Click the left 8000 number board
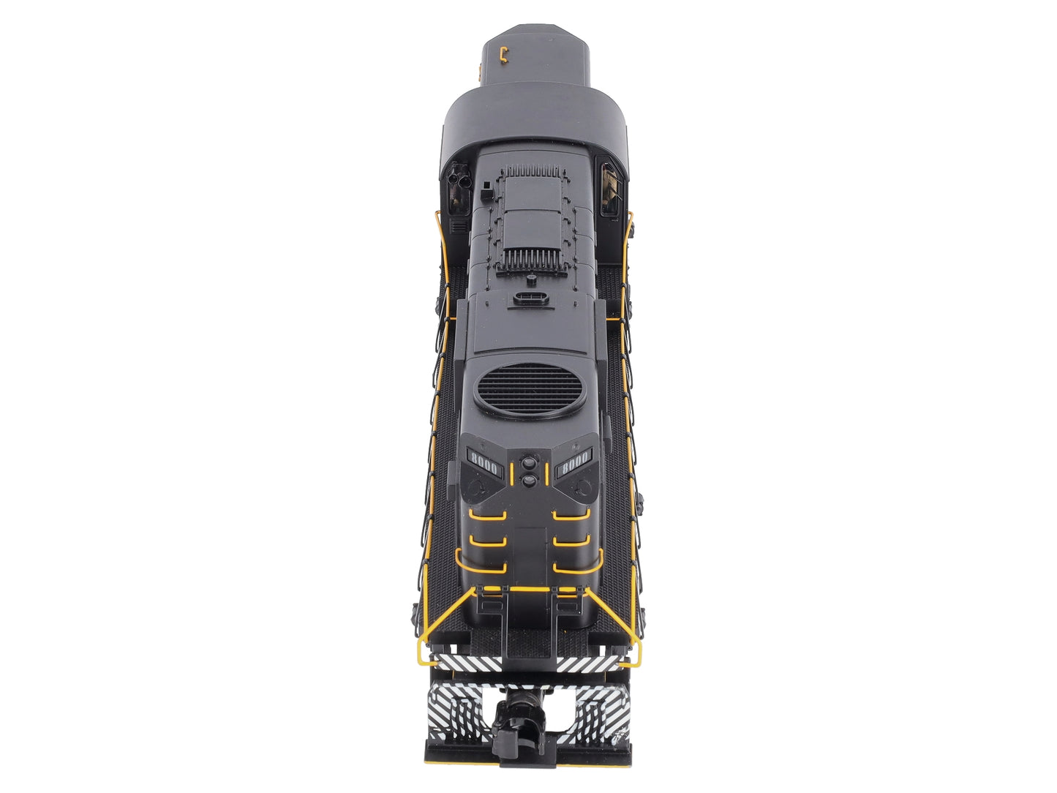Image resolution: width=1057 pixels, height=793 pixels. click(x=484, y=464)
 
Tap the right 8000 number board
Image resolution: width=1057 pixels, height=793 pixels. click(x=573, y=464)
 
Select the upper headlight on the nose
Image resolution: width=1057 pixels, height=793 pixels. click(x=529, y=462)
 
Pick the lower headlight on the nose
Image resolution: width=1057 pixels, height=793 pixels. click(x=529, y=480)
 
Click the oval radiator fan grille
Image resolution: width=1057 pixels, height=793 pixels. click(x=530, y=389)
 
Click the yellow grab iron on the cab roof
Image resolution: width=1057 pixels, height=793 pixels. click(x=504, y=54)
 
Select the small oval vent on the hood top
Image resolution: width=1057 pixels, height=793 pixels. click(x=530, y=298)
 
